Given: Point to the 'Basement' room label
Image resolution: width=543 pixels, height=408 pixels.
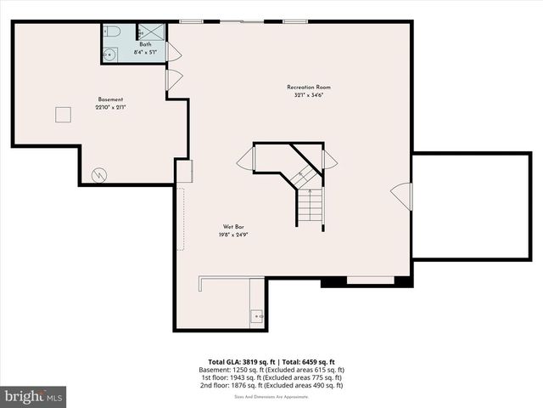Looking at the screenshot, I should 110,99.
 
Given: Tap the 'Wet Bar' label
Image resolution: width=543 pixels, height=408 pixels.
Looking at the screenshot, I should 235,227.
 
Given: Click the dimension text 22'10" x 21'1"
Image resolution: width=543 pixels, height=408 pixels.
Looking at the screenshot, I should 110,107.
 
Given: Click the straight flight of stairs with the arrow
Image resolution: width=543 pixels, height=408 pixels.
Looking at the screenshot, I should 311,206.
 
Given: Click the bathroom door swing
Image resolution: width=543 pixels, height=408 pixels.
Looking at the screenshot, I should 173,53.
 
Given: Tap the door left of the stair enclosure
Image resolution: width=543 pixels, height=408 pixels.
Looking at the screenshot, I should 247,159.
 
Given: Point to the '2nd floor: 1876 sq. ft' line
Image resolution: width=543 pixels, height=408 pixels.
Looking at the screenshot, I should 277,385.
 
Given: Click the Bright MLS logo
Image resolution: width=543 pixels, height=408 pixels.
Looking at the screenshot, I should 33,396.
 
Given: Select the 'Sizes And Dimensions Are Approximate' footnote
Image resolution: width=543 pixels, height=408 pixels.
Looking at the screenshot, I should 271,397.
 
